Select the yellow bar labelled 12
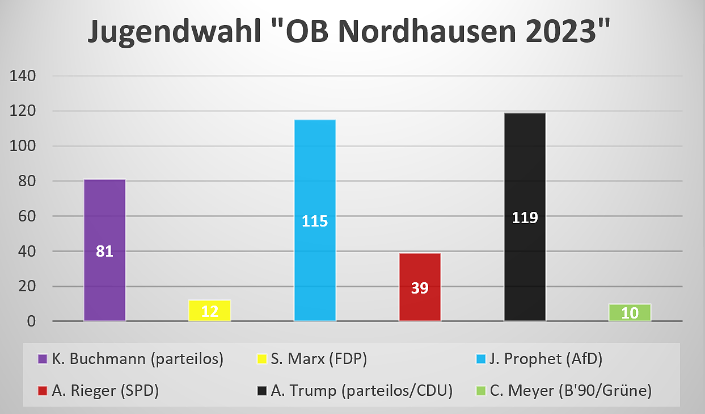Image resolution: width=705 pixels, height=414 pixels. (209, 311)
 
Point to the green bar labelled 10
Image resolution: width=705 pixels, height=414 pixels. (630, 312)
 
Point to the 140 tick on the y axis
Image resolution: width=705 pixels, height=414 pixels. (23, 76)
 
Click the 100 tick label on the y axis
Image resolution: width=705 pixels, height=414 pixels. (23, 146)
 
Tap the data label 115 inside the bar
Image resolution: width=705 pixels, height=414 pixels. (315, 221)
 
